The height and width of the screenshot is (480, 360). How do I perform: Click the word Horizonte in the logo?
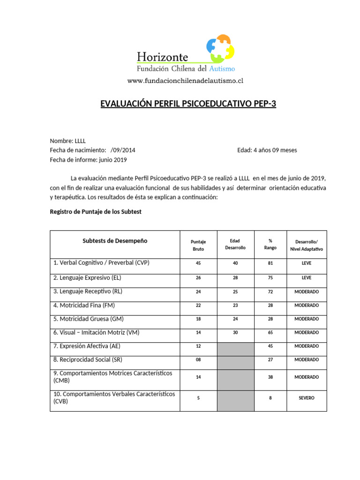point(162,57)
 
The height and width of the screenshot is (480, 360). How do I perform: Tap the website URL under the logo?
point(185,81)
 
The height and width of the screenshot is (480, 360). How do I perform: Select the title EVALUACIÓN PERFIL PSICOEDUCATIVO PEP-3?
point(188,104)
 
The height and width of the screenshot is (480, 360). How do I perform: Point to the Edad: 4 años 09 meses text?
point(267,150)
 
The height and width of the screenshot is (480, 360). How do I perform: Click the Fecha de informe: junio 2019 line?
point(88,159)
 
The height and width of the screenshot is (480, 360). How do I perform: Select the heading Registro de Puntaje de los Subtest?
point(96,211)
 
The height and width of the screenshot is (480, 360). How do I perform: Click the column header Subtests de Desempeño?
point(115,240)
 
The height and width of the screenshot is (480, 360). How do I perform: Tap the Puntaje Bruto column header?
point(198,245)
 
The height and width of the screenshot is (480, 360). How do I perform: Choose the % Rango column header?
point(270,244)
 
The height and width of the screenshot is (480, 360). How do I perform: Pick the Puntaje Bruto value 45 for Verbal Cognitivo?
point(198,263)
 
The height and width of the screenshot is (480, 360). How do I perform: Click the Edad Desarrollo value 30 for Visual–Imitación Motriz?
point(235,332)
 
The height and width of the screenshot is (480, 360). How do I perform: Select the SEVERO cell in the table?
point(307,398)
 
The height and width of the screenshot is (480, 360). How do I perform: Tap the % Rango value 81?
point(270,263)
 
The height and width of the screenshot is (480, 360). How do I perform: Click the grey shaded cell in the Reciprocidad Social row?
point(235,360)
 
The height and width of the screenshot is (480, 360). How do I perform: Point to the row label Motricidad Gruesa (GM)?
point(89,319)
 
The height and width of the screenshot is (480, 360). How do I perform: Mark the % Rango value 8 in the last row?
point(270,398)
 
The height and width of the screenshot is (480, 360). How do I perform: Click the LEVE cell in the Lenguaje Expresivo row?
point(307,277)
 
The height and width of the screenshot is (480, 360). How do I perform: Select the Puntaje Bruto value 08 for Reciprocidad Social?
point(198,360)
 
